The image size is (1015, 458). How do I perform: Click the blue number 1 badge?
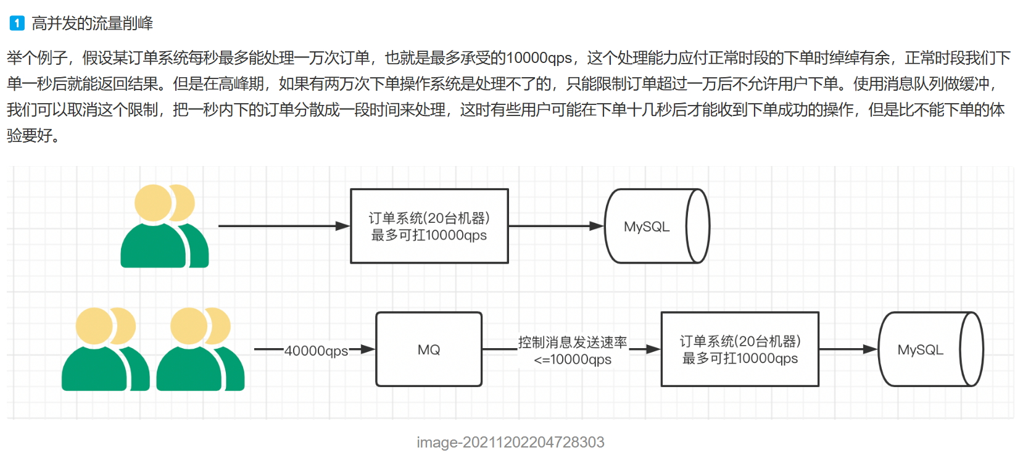(17, 23)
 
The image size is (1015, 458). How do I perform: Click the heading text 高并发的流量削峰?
(93, 23)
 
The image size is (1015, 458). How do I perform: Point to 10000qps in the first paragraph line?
(539, 58)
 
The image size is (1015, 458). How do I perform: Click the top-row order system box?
(429, 226)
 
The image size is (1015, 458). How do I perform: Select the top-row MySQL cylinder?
(657, 227)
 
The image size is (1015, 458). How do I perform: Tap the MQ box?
(429, 349)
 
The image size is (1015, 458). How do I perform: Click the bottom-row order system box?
(740, 349)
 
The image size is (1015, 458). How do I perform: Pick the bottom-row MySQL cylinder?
(930, 349)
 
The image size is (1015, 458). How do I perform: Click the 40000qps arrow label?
(316, 351)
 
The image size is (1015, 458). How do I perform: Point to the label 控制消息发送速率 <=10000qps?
(573, 351)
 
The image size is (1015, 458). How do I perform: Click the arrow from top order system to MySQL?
(555, 226)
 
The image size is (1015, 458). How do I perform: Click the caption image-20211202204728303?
(510, 442)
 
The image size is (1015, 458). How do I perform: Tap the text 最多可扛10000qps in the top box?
(429, 235)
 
